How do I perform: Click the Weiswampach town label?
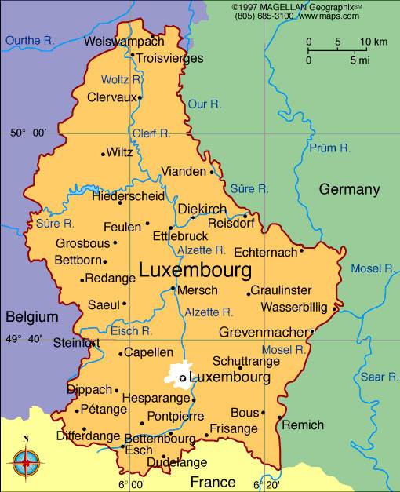[124, 41]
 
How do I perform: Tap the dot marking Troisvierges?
[133, 57]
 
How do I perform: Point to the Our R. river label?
[205, 104]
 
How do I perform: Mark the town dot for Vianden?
[212, 172]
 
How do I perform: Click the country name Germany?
[349, 189]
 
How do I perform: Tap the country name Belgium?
[32, 317]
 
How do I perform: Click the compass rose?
[26, 462]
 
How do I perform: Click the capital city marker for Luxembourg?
[183, 378]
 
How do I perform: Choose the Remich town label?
[302, 425]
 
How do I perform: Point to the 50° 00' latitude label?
[28, 133]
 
